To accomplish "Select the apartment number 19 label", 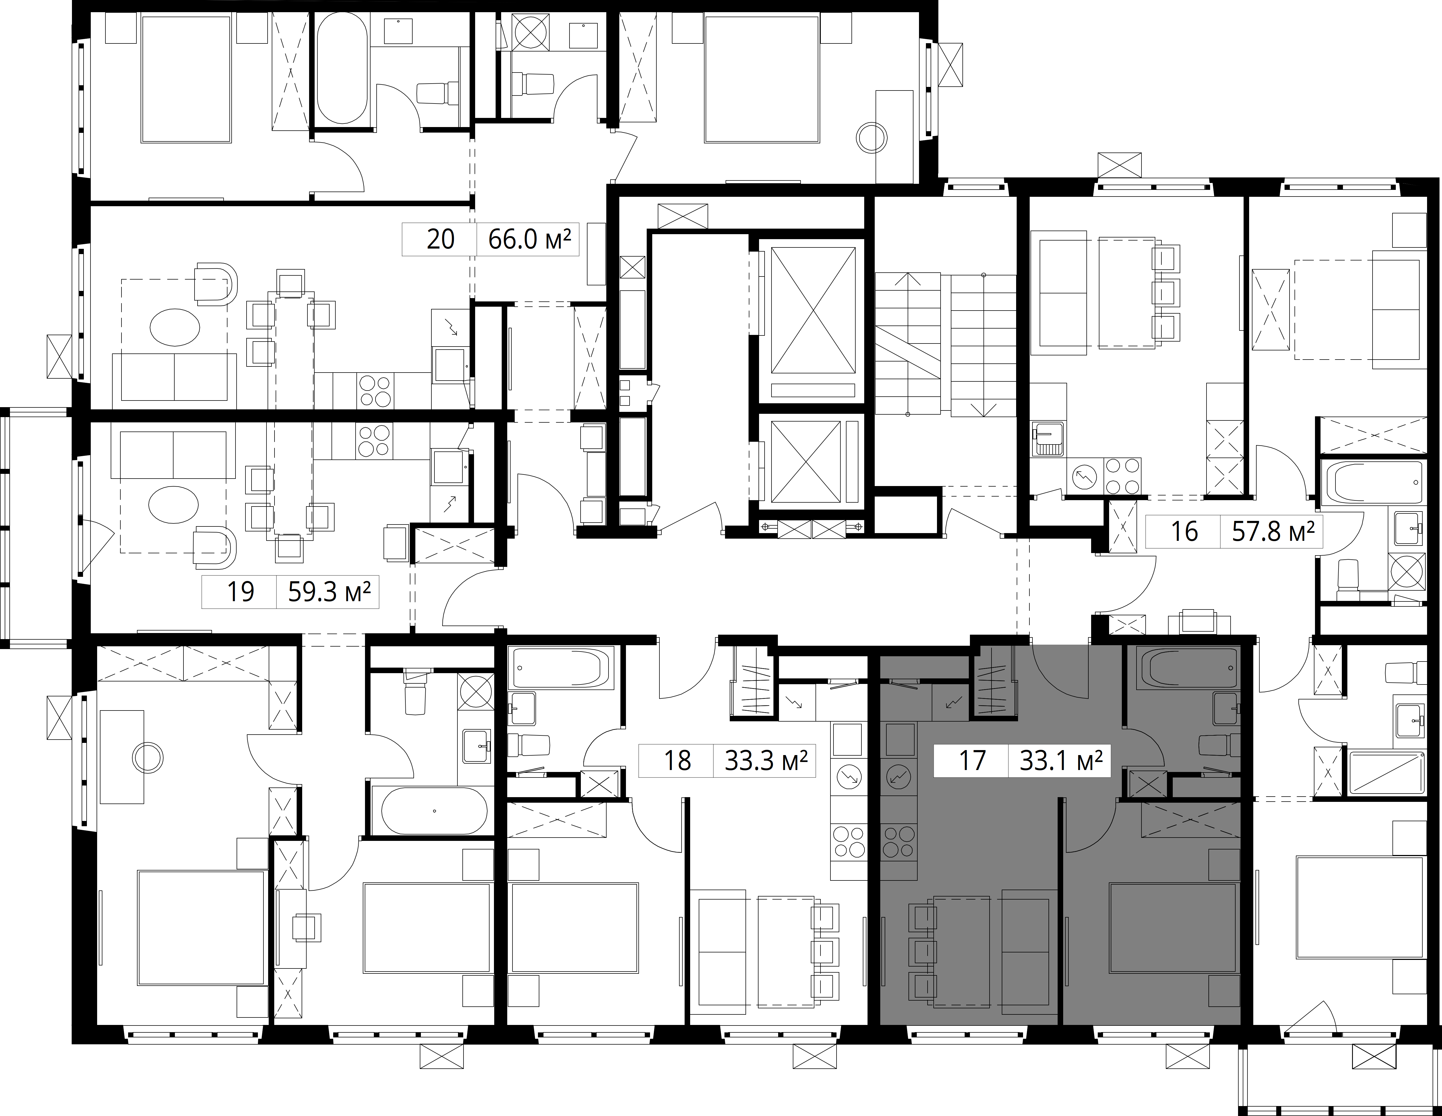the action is (240, 592).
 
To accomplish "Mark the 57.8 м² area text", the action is (1273, 532).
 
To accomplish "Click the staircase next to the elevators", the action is (946, 345).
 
